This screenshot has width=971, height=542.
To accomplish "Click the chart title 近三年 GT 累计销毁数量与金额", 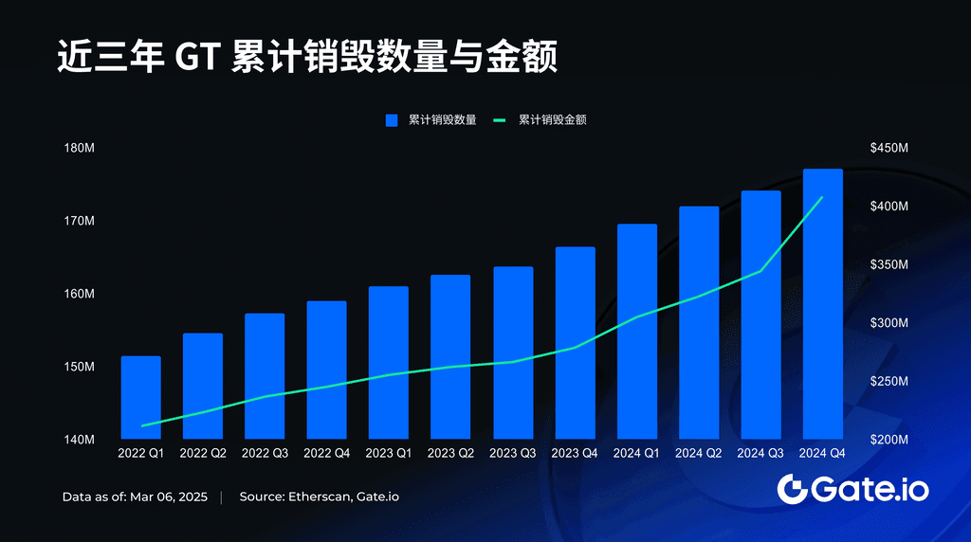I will (x=306, y=57).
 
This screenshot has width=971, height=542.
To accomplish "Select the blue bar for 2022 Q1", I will (x=141, y=398).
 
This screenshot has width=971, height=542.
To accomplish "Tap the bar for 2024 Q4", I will (x=822, y=303).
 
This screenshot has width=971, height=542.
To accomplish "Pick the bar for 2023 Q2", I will (x=450, y=357).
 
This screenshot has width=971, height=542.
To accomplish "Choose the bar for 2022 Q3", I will (x=265, y=376).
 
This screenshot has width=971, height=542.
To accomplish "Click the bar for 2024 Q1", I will (x=636, y=332).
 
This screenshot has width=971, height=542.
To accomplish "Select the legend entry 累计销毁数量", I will (x=431, y=120).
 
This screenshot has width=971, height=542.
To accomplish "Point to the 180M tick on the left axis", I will (x=79, y=148).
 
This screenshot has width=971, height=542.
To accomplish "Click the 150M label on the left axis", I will (x=79, y=367).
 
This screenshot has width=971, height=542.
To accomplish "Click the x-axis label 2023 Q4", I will (x=575, y=454).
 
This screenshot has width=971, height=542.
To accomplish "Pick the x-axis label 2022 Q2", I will (x=203, y=454).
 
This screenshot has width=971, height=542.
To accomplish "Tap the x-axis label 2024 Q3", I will (x=760, y=454).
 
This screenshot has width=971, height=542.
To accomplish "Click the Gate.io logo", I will (x=852, y=489).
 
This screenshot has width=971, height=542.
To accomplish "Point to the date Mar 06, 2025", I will (x=168, y=497).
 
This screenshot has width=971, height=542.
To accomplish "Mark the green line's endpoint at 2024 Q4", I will (x=822, y=197).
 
